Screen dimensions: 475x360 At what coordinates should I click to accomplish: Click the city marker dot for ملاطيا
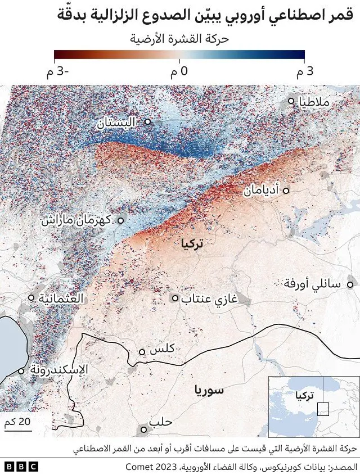click(x=291, y=101)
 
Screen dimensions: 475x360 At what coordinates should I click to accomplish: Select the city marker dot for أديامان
click(x=286, y=191)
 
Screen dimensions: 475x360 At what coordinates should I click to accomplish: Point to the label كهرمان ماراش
click(x=78, y=220)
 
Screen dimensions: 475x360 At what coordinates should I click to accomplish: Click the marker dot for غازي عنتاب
click(x=175, y=298)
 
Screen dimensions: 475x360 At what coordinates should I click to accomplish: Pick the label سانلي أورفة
click(x=313, y=285)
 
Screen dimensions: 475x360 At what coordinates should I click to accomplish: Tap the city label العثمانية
click(x=61, y=298)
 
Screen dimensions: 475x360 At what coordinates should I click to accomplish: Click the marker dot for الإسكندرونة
click(x=21, y=370)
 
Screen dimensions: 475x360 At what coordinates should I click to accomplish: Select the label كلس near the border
click(x=163, y=350)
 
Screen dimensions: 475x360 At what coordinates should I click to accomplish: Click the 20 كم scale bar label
click(x=17, y=422)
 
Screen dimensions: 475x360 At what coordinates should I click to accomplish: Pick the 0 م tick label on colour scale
click(x=179, y=72)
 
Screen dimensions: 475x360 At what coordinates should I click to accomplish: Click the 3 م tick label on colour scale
click(x=304, y=72)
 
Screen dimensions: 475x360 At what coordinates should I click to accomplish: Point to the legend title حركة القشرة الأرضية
click(x=179, y=39)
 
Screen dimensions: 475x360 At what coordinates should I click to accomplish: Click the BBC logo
click(x=21, y=467)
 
